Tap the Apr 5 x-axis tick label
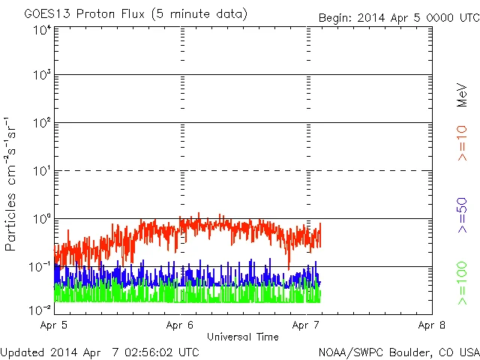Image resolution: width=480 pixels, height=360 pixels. (x=55, y=325)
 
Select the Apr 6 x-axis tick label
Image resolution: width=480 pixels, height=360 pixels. (x=181, y=325)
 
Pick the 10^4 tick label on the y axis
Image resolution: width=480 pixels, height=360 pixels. (x=41, y=30)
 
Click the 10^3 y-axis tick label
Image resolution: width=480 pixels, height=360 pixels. (x=41, y=76)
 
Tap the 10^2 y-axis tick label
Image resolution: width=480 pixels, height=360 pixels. (x=41, y=124)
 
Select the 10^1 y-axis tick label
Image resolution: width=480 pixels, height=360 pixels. (x=41, y=172)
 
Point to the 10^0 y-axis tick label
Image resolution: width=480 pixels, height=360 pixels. (x=41, y=220)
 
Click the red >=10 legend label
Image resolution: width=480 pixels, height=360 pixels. (x=463, y=142)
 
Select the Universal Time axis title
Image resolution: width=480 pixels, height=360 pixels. (x=243, y=337)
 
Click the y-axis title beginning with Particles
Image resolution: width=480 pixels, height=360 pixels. (x=12, y=183)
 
